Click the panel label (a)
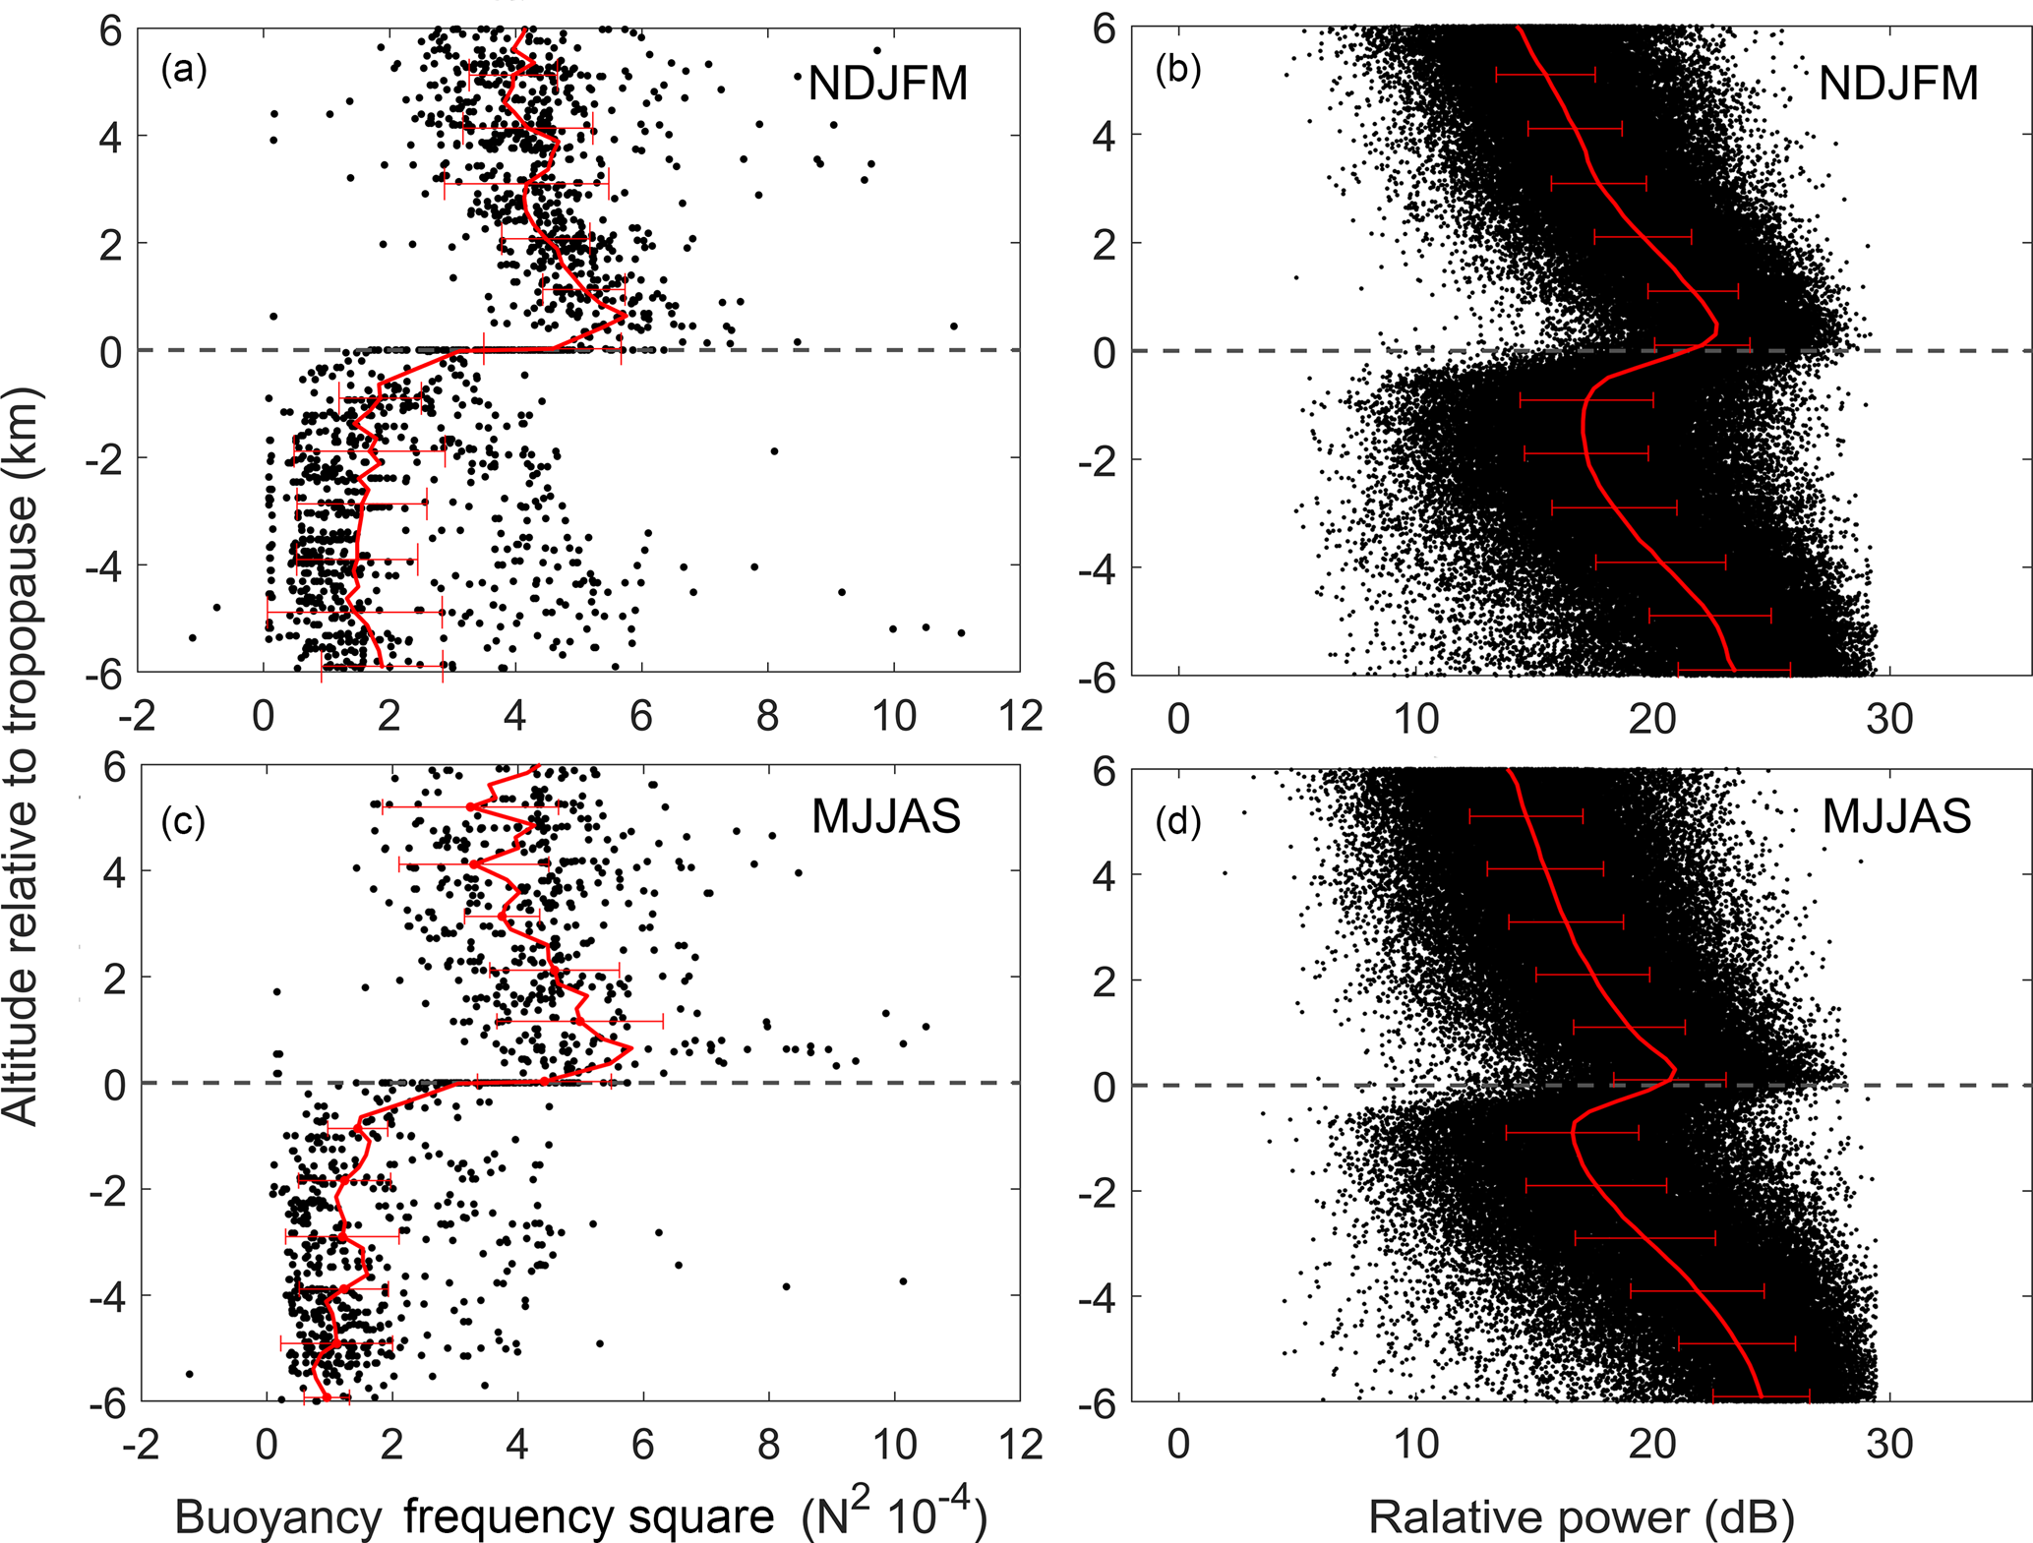184,70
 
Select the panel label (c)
184,820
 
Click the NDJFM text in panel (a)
888,84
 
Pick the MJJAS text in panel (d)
1896,816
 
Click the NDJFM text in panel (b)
1898,84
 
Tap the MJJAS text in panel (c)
885,816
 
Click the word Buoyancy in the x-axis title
278,1517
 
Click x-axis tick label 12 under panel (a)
1020,716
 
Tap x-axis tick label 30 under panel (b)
1889,720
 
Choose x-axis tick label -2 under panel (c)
141,1445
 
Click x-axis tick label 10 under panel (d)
1416,1445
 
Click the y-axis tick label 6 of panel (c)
115,768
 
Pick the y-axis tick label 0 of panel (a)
111,351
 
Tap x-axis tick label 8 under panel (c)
769,1445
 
